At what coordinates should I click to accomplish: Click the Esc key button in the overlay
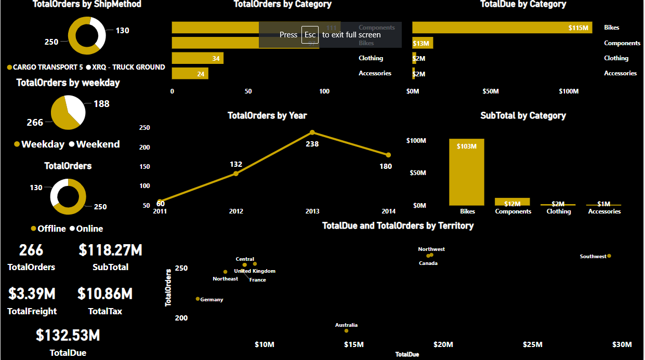310,35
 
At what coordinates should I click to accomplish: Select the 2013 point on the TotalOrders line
312,132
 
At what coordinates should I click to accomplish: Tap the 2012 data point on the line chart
236,173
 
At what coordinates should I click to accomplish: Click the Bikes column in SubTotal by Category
467,171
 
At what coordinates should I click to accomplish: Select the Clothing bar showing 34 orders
198,58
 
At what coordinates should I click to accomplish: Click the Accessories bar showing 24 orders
190,73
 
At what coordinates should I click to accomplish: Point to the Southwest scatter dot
609,256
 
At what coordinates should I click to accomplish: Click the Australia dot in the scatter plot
347,331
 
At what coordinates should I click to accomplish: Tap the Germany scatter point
198,299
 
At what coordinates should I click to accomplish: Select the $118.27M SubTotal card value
110,250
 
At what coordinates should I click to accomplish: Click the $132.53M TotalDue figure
68,336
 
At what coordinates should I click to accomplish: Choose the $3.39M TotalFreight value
32,294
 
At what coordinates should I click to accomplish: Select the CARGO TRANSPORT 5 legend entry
45,67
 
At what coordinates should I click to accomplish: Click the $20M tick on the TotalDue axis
443,344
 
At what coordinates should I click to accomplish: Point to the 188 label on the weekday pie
101,104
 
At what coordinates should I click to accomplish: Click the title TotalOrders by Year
267,115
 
